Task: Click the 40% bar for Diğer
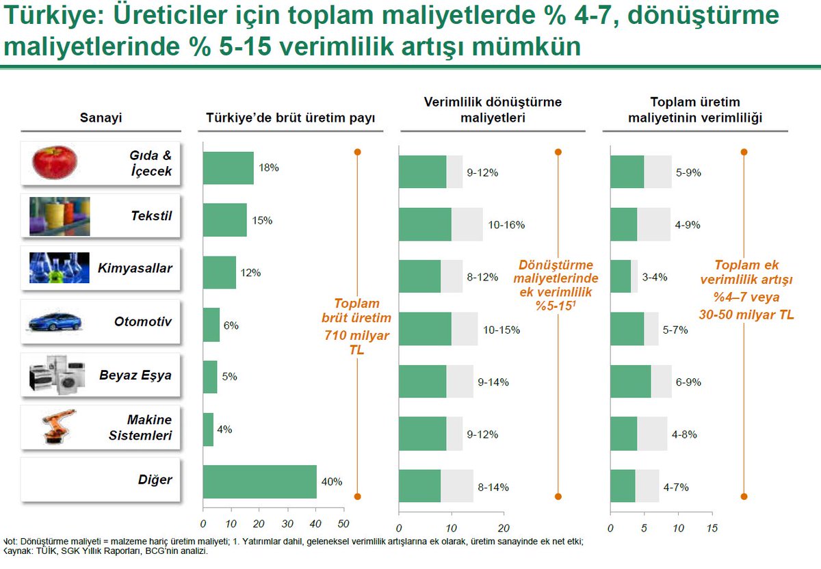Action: click(x=259, y=482)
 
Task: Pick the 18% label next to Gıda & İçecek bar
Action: click(x=269, y=168)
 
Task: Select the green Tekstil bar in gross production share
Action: click(x=224, y=220)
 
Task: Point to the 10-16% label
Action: click(x=506, y=225)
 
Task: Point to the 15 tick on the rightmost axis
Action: click(x=712, y=529)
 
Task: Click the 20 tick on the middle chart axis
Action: click(x=504, y=529)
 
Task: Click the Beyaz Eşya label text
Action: click(x=135, y=375)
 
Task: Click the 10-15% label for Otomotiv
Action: click(x=501, y=330)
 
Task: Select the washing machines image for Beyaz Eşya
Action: click(x=58, y=375)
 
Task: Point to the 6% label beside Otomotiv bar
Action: click(x=231, y=326)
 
